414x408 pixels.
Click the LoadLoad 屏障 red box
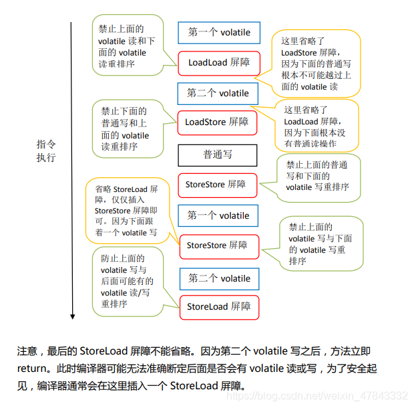[x=218, y=62]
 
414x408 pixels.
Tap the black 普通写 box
[x=218, y=155]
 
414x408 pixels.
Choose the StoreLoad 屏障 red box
[x=219, y=307]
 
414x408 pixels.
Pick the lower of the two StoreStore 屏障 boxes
[x=218, y=246]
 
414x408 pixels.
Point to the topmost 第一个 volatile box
[x=218, y=32]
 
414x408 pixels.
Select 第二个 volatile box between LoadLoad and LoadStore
[x=218, y=93]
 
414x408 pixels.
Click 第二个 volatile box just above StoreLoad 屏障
[x=219, y=278]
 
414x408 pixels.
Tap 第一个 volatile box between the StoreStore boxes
[x=218, y=215]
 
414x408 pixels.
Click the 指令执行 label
[x=46, y=151]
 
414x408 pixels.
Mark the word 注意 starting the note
[x=26, y=350]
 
